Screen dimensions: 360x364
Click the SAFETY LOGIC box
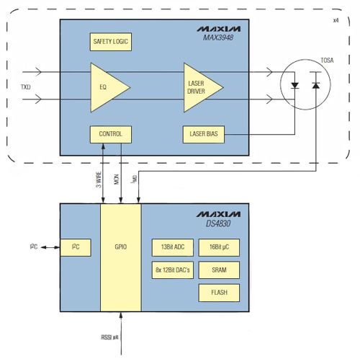pos(111,42)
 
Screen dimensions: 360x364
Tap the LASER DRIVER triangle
pos(201,87)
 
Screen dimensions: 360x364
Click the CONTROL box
pos(111,134)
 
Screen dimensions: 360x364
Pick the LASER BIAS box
pos(204,134)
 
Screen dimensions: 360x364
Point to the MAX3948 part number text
pos(218,37)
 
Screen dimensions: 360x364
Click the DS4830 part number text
pos(218,223)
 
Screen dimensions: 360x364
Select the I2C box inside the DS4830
pos(76,247)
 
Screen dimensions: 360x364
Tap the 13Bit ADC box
pos(173,247)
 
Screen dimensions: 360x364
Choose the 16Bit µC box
pos(219,247)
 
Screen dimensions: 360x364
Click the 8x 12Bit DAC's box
pos(173,270)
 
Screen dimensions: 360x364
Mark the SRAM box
pos(219,270)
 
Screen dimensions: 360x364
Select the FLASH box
pos(219,293)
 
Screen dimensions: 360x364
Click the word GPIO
pos(121,247)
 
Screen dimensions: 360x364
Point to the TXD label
pos(26,87)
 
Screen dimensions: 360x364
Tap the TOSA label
pos(327,61)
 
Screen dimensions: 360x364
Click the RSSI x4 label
pos(109,337)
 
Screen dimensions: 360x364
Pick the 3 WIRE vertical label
pos(99,179)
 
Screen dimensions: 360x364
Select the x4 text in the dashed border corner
pos(336,20)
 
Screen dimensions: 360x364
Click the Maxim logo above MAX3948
pos(219,29)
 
